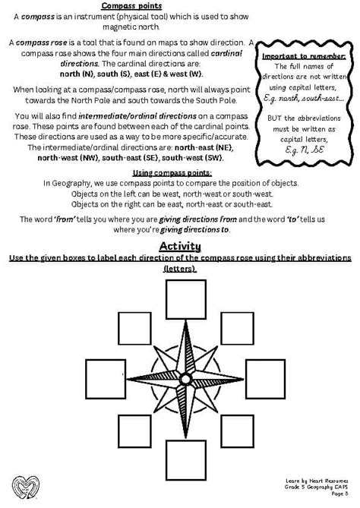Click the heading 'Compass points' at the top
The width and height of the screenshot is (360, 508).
(179, 5)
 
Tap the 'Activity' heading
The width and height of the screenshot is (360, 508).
(179, 246)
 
